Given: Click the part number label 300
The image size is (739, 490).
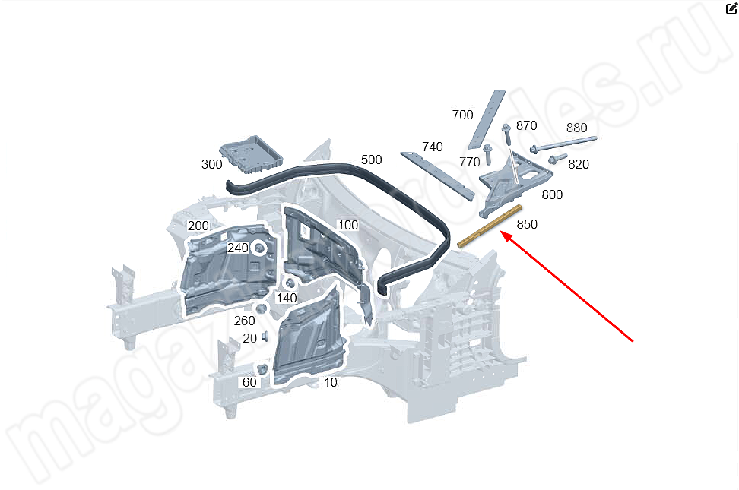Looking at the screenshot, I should [x=212, y=164].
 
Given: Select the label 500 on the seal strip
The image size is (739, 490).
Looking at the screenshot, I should [x=372, y=160].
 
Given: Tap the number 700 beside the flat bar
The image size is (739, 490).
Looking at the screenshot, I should [x=462, y=115].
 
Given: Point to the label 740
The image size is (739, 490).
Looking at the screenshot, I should [x=433, y=147].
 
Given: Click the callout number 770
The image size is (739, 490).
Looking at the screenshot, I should [x=470, y=162].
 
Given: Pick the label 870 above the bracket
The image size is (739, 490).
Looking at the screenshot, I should [x=526, y=125].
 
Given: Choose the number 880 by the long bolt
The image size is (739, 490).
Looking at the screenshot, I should [x=576, y=128].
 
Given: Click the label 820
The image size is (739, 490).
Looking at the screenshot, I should [x=579, y=164].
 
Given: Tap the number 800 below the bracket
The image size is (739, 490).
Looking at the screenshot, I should [x=552, y=194].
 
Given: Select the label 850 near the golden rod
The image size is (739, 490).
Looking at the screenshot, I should [x=527, y=224].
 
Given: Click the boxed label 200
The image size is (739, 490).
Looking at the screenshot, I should [x=198, y=226].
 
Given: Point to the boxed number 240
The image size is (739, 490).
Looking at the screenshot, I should [x=238, y=248].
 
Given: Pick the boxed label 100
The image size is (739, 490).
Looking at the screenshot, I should [x=347, y=225].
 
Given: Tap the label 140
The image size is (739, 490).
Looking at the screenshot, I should [x=287, y=298].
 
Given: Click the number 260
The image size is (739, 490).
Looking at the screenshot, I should [x=244, y=321].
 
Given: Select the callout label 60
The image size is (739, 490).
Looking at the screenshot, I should [x=249, y=382].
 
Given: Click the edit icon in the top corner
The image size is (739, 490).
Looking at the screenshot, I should [x=731, y=10].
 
